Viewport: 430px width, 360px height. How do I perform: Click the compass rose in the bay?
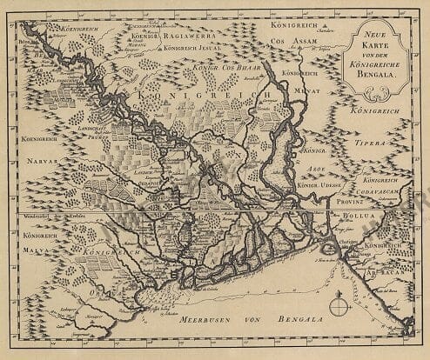coord(339,305)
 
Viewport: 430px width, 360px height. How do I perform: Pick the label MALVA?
coord(39,247)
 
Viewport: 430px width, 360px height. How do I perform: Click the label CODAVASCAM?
coord(386,192)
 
